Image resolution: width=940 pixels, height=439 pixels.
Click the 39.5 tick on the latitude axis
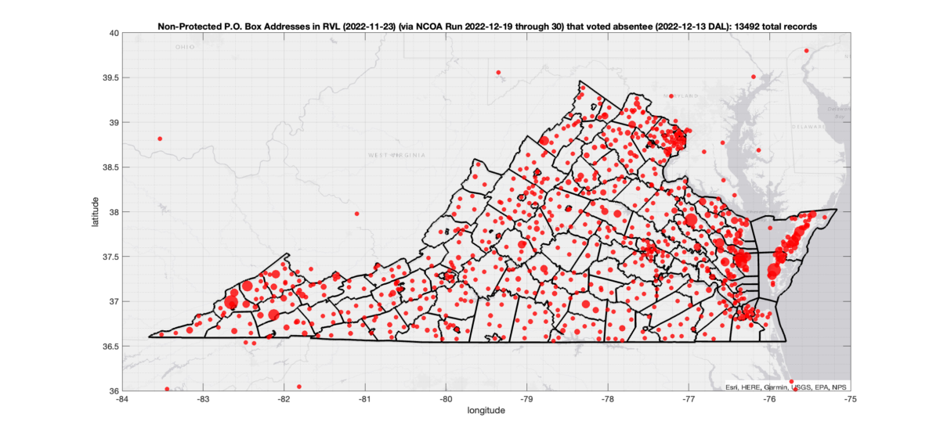[111, 77]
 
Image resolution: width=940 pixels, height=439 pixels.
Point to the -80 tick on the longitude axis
[446, 398]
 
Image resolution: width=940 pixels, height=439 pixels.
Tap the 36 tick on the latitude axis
[114, 390]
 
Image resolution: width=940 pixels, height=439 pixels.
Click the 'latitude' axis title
[95, 212]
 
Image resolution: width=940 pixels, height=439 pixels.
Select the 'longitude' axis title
[486, 410]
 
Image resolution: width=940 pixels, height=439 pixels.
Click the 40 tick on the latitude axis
[114, 33]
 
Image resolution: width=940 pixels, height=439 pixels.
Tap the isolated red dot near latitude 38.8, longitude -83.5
[160, 139]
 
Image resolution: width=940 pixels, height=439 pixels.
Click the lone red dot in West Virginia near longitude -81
[356, 214]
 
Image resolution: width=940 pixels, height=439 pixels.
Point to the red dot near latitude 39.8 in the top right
[806, 51]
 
